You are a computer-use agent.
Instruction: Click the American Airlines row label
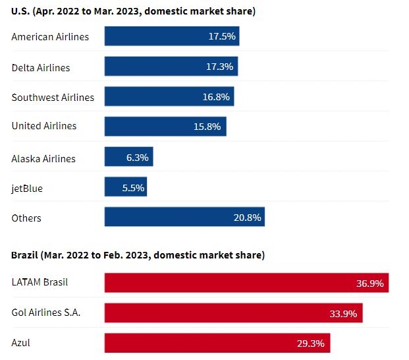[50, 37]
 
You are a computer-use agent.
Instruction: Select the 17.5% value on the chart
[222, 37]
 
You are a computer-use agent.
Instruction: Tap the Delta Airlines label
[41, 67]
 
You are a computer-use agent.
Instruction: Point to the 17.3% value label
[221, 67]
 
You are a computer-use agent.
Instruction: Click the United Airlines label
[44, 126]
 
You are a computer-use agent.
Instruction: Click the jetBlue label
[27, 189]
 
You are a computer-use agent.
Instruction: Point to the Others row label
[26, 218]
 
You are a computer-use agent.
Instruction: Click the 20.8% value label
[248, 218]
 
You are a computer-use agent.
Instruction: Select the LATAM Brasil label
[40, 282]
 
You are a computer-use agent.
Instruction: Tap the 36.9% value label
[370, 284]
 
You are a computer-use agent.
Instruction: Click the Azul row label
[21, 343]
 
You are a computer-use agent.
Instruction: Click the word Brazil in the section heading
[24, 255]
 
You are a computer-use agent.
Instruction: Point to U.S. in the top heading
[20, 11]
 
